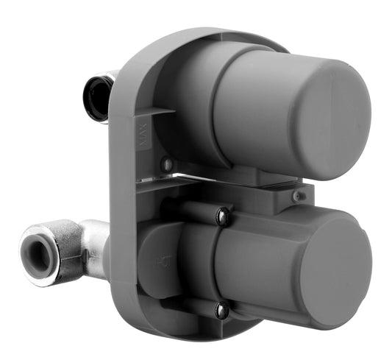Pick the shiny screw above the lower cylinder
pos(221,216)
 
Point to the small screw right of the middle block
pos(296,196)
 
